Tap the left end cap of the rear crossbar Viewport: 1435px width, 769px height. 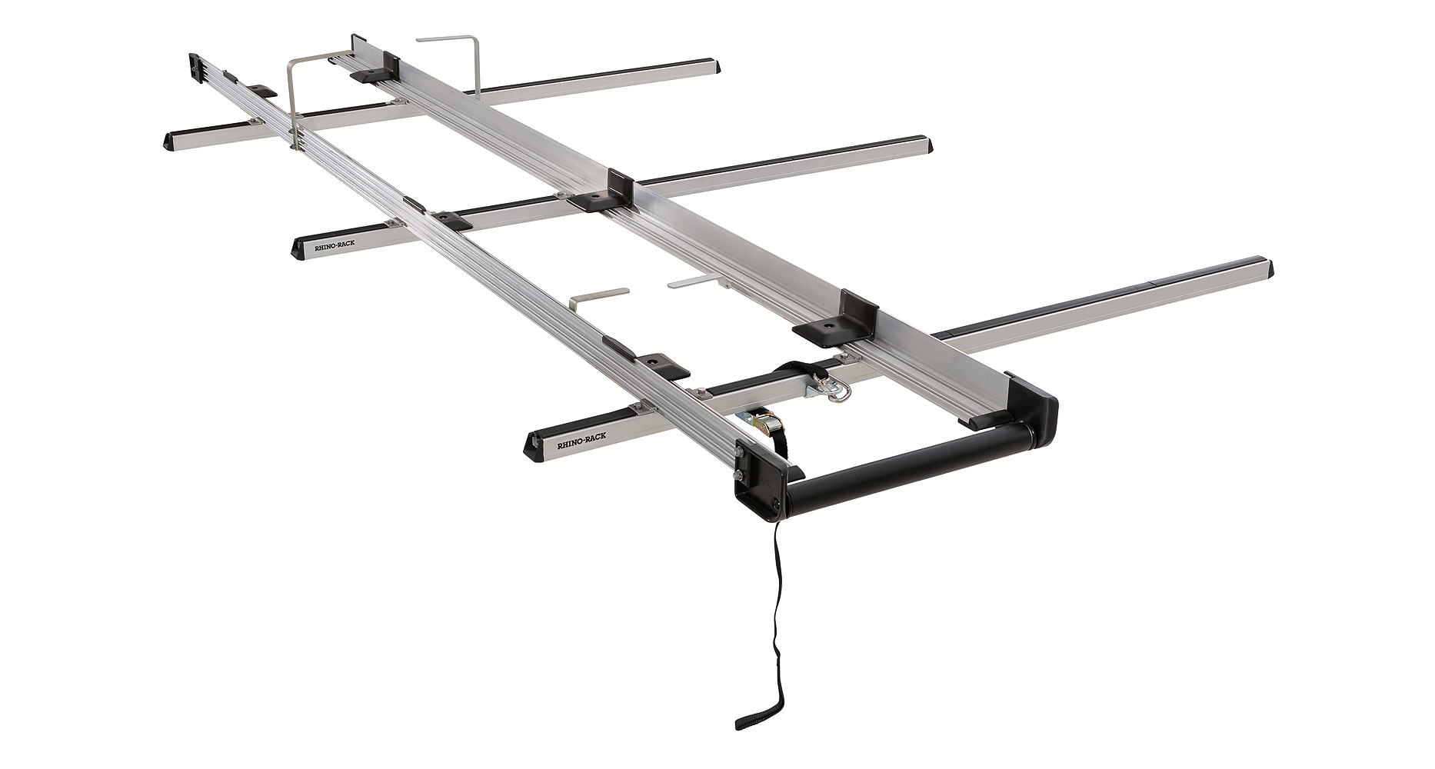pos(171,139)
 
